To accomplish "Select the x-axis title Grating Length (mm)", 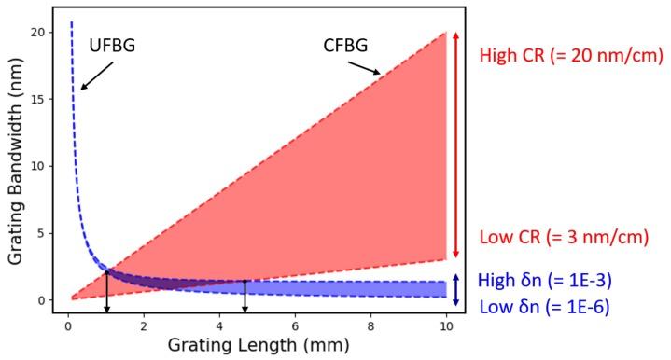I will tap(258, 344).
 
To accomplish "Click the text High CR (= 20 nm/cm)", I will tap(571, 55).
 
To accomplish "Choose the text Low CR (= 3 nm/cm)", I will tap(564, 237).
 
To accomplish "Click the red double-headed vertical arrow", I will tap(455, 145).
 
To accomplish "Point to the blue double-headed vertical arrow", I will tap(455, 288).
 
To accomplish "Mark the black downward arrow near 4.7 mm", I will tap(245, 297).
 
